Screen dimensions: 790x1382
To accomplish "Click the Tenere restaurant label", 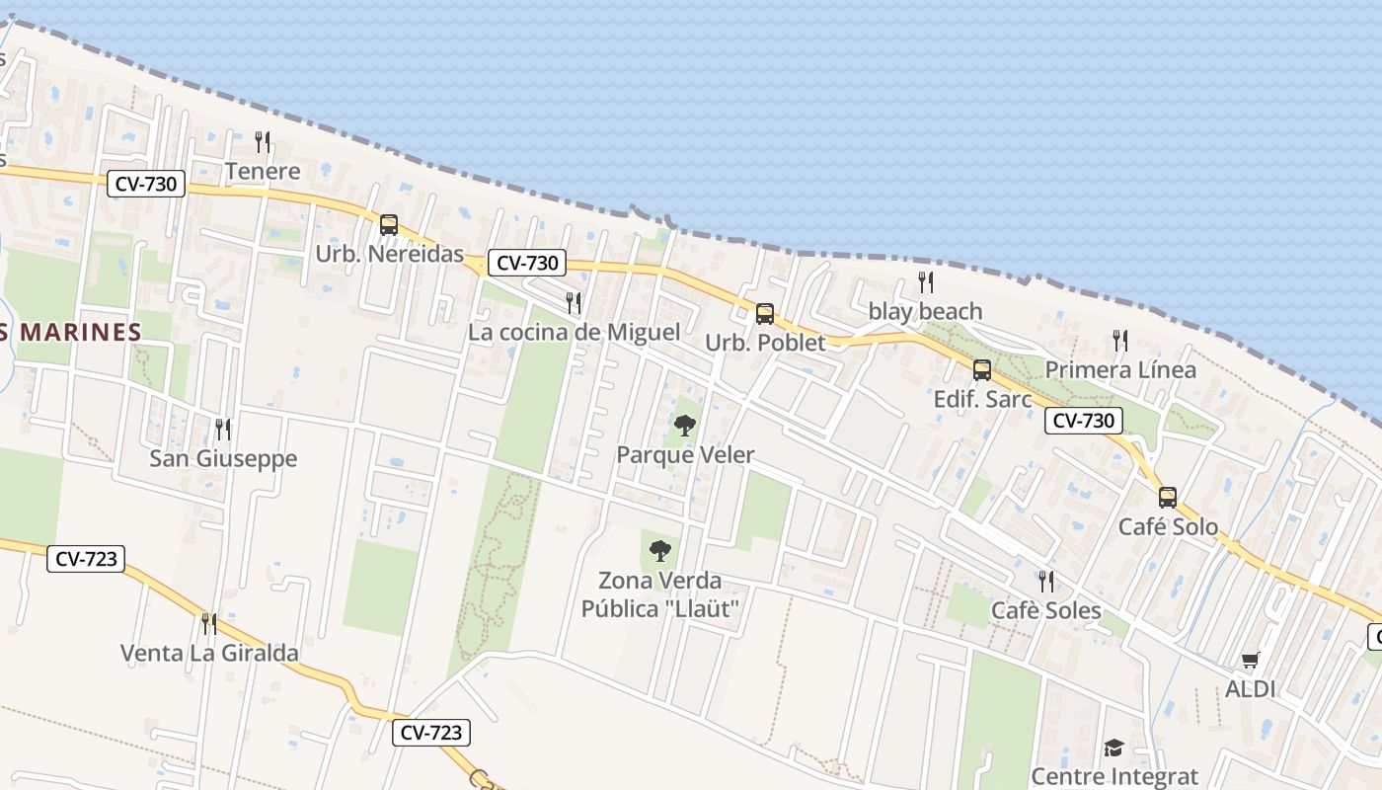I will [263, 171].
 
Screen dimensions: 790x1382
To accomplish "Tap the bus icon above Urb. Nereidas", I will [389, 224].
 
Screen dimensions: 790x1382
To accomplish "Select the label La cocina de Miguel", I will [574, 332].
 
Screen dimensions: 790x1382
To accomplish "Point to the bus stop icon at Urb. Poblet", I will [764, 314].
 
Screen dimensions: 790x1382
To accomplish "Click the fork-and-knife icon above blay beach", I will [926, 282].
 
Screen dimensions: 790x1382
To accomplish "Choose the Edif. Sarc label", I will [982, 399].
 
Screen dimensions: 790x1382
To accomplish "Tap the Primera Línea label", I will [1120, 369].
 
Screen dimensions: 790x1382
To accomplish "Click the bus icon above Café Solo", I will [1168, 497].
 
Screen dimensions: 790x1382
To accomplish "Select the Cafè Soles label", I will [1046, 610].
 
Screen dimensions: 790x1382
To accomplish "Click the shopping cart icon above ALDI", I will [1251, 660].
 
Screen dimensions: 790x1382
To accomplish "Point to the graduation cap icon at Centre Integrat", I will [1113, 748].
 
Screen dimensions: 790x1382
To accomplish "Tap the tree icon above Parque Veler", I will [685, 426].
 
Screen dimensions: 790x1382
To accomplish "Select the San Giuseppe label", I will [223, 458].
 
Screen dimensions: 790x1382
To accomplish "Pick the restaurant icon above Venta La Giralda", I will [209, 623].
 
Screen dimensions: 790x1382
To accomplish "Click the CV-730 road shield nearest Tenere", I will [146, 184].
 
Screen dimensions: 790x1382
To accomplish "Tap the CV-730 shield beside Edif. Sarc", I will [1083, 421].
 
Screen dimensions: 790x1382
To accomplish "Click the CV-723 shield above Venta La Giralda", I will [86, 559].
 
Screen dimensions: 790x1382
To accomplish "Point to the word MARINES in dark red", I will [81, 332].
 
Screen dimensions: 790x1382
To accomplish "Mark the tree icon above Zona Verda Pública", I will [659, 551].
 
